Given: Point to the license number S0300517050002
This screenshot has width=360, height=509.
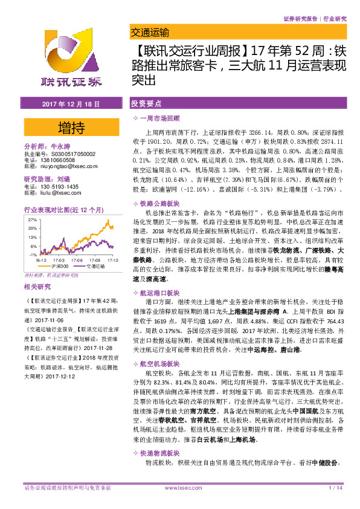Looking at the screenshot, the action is click(68, 154).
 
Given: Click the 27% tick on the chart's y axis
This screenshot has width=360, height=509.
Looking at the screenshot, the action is click(33, 220).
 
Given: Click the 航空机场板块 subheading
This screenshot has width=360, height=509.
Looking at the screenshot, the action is click(158, 364).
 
